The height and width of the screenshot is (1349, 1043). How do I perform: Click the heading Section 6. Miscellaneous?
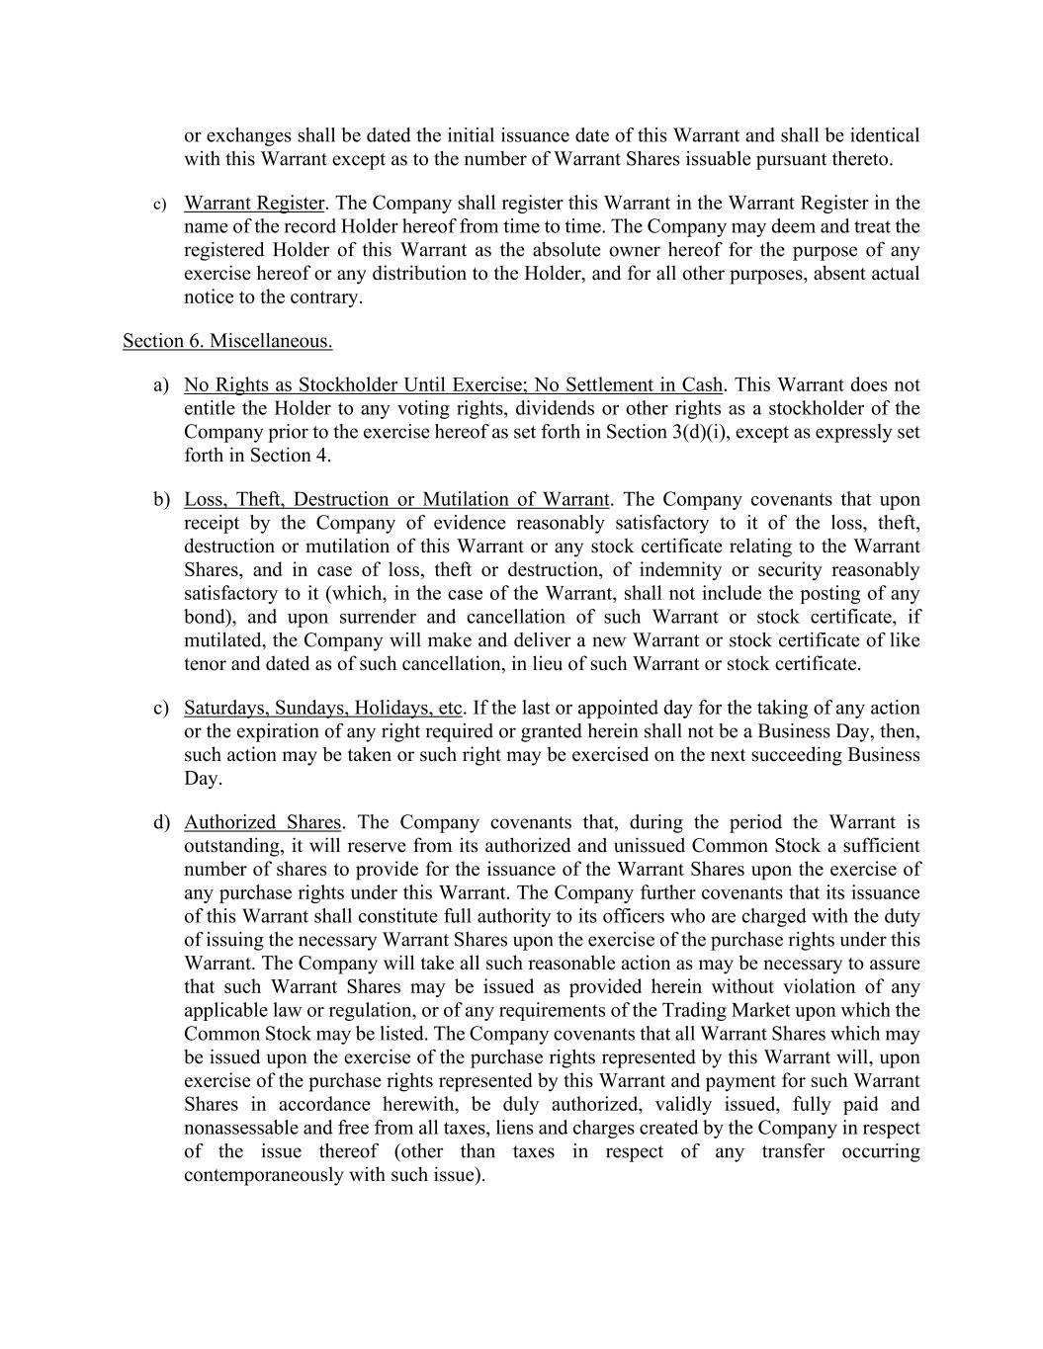coord(227,341)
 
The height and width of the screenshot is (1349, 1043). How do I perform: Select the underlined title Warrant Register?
coord(254,204)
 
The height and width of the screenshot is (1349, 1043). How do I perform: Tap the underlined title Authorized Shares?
coord(262,822)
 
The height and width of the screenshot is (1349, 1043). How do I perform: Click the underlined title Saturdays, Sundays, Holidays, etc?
coord(323,708)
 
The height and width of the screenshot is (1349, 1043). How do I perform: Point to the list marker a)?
coord(161,385)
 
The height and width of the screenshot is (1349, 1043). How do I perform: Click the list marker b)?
coord(161,500)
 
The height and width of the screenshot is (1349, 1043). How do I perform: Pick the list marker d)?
coord(161,822)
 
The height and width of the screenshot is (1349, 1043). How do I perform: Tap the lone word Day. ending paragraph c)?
coord(203,779)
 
